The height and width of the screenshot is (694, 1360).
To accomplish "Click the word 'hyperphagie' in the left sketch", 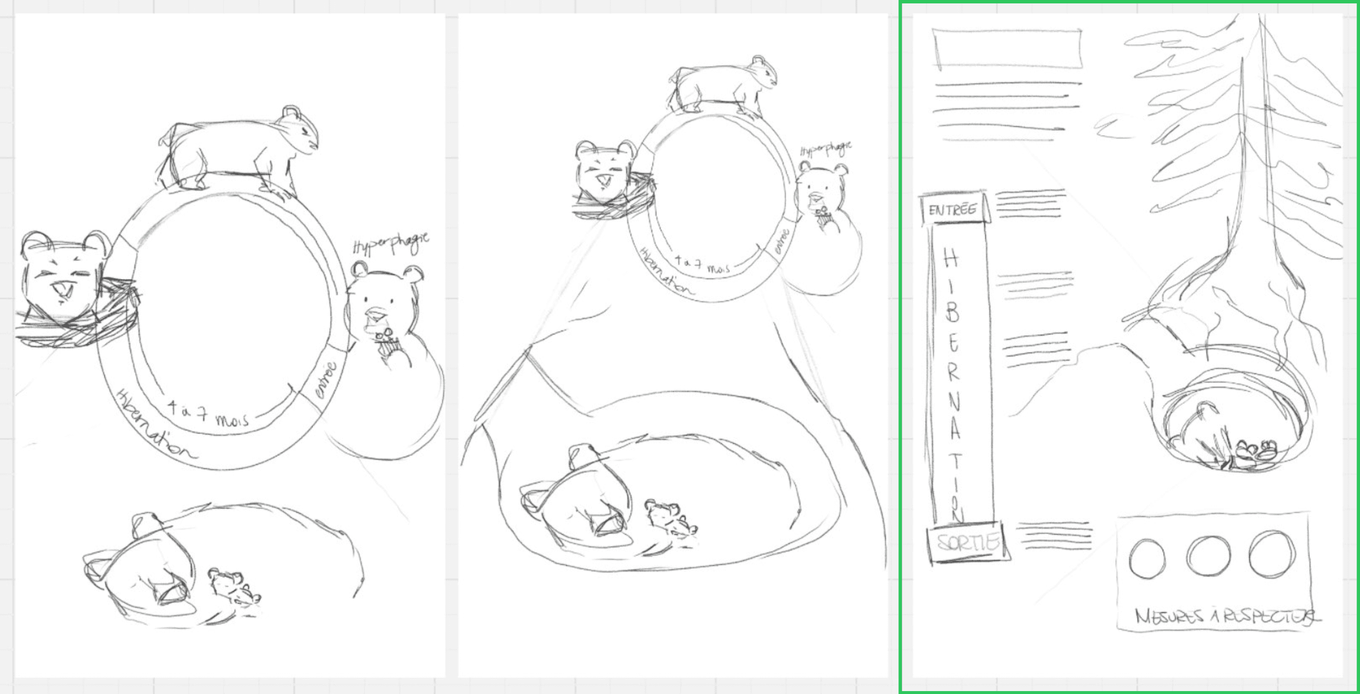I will [391, 243].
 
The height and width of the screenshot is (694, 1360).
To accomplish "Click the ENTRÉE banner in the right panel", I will [953, 209].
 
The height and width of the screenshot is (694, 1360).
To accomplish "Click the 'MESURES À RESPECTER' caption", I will [1225, 616].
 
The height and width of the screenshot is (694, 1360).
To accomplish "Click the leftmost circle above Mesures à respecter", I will [1147, 558].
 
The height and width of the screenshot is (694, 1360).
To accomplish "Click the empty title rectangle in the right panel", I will [1007, 49].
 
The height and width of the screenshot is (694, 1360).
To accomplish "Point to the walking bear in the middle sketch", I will [723, 85].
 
